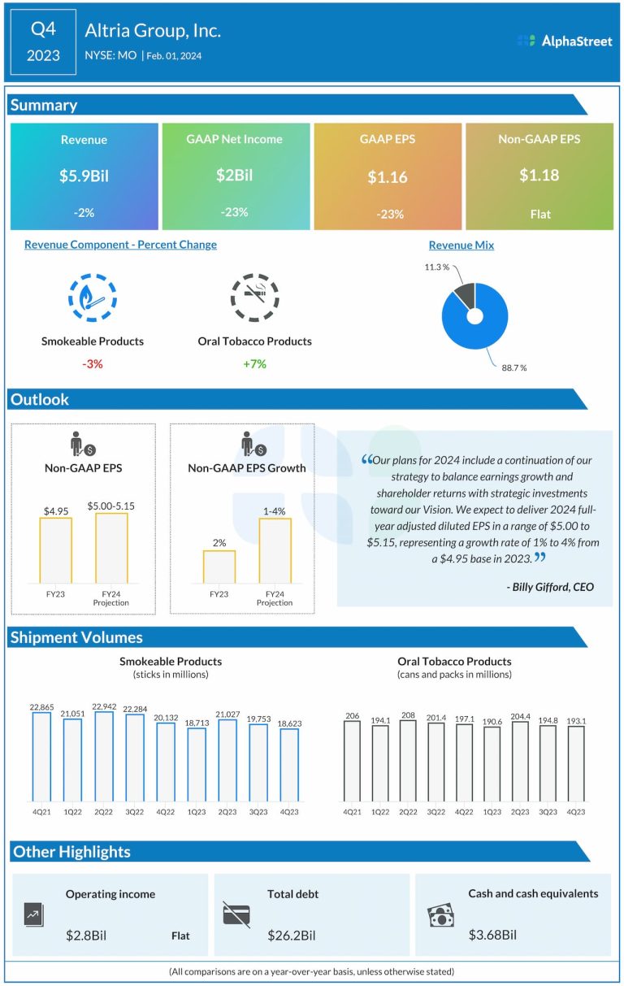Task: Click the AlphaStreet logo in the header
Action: (x=565, y=41)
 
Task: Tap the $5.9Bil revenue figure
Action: (x=84, y=176)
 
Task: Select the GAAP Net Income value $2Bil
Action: (x=235, y=175)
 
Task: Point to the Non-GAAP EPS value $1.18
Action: (x=539, y=175)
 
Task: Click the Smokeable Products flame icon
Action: (x=93, y=298)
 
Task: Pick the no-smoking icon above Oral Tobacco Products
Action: (x=254, y=298)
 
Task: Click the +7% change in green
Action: (x=254, y=363)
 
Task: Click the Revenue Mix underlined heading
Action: (x=461, y=245)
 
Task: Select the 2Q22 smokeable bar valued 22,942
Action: (x=104, y=756)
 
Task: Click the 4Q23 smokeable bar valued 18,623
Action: (x=289, y=764)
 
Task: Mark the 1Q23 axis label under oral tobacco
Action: (x=492, y=811)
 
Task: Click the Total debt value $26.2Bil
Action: (x=292, y=936)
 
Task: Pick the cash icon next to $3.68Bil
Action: (x=441, y=916)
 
